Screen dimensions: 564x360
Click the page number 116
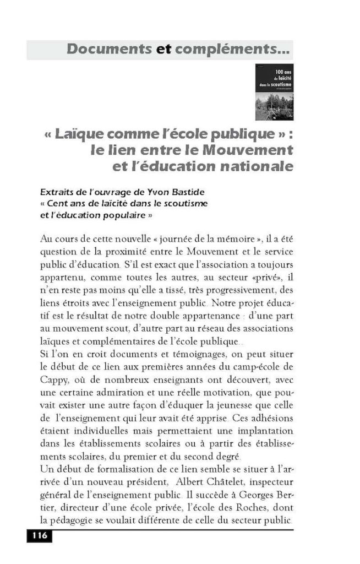[39, 536]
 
